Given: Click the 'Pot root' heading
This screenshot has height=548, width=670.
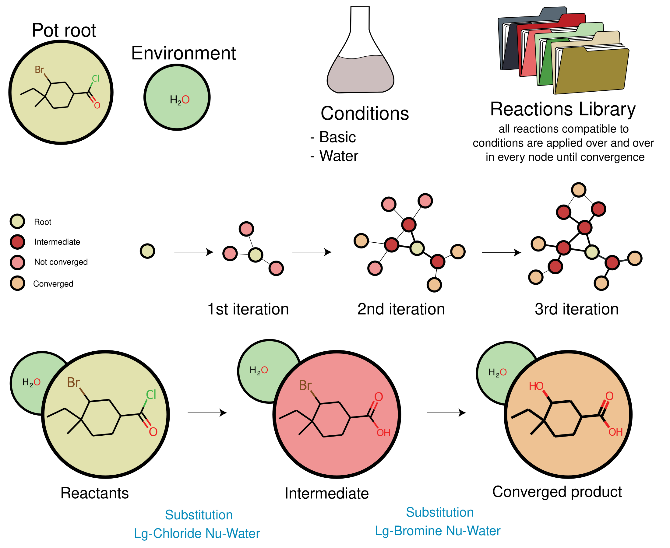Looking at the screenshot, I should click(x=64, y=30).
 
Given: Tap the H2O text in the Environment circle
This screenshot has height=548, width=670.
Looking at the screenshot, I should click(x=179, y=100).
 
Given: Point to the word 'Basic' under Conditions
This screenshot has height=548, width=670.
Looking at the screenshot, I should click(x=337, y=137).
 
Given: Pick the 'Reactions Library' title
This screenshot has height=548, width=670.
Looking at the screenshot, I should click(x=563, y=109).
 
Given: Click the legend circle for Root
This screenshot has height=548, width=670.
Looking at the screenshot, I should click(x=17, y=221).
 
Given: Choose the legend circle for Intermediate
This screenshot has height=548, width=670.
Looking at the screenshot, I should click(x=17, y=242).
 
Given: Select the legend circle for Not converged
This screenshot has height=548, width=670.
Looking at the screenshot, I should click(x=17, y=262).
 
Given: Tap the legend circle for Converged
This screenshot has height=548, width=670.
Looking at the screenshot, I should click(x=17, y=283).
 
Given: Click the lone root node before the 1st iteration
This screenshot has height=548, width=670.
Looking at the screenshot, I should click(x=147, y=251).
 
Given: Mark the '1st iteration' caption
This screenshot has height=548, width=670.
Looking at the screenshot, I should click(x=248, y=309).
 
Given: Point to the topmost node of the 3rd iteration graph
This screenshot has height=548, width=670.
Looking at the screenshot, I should click(x=578, y=190).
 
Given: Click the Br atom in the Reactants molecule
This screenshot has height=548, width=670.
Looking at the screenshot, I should click(x=73, y=383).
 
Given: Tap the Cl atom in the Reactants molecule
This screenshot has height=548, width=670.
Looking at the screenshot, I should click(x=151, y=395).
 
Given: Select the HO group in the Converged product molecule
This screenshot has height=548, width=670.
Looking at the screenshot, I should click(x=536, y=386).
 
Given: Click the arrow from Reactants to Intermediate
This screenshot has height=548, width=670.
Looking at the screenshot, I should click(x=207, y=413).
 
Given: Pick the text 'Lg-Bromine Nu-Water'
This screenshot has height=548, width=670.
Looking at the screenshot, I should click(x=437, y=531).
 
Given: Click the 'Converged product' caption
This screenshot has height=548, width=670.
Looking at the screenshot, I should click(x=557, y=492).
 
